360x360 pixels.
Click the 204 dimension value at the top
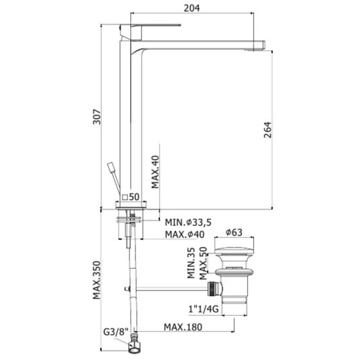(x=192, y=8)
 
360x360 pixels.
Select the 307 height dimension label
(x=97, y=117)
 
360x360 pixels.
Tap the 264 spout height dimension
(x=267, y=130)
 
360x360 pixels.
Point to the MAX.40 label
(x=155, y=172)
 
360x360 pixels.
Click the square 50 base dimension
(x=131, y=197)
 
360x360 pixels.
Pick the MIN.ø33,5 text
(x=188, y=222)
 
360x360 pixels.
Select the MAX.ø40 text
(x=184, y=234)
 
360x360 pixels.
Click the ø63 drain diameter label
(x=234, y=232)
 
